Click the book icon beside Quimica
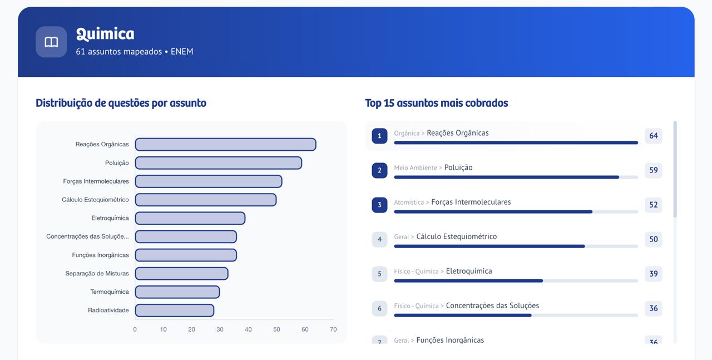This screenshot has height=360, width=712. coord(51,42)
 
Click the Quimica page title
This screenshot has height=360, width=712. coord(105,34)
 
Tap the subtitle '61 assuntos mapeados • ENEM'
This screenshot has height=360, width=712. coord(135,52)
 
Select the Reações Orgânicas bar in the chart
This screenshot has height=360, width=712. coord(225,145)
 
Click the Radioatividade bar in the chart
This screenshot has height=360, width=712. coord(174,310)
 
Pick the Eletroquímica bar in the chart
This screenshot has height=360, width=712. coord(190,218)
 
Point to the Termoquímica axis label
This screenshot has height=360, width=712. coord(109,292)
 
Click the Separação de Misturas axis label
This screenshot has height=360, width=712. coord(97,274)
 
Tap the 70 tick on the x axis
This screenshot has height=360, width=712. coord(333,330)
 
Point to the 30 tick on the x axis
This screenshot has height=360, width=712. coord(220,330)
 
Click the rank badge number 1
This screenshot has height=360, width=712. coord(379,136)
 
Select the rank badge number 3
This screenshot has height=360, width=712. coord(379,205)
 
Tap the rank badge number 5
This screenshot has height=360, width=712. coord(379,274)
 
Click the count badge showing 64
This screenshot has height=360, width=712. coord(653,136)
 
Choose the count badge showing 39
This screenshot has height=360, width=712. coord(653,274)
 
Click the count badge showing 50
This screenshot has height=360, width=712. coord(653,239)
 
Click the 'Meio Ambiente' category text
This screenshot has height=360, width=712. coord(415,168)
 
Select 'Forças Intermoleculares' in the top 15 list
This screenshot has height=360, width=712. coord(471,202)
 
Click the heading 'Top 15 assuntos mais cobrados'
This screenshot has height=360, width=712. coord(436,103)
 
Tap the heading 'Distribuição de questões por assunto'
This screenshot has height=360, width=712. coord(121,103)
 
